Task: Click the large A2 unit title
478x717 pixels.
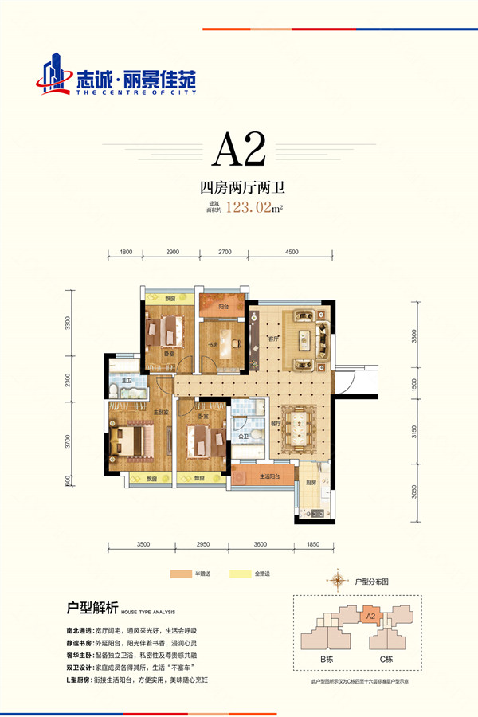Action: tap(238, 149)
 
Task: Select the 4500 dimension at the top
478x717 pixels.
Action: tap(291, 252)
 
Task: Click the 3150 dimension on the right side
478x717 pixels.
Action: tap(414, 433)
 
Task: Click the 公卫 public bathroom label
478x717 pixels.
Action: tap(242, 437)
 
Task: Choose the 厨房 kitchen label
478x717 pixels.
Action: tap(309, 483)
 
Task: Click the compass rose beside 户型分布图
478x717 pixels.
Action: tap(340, 580)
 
